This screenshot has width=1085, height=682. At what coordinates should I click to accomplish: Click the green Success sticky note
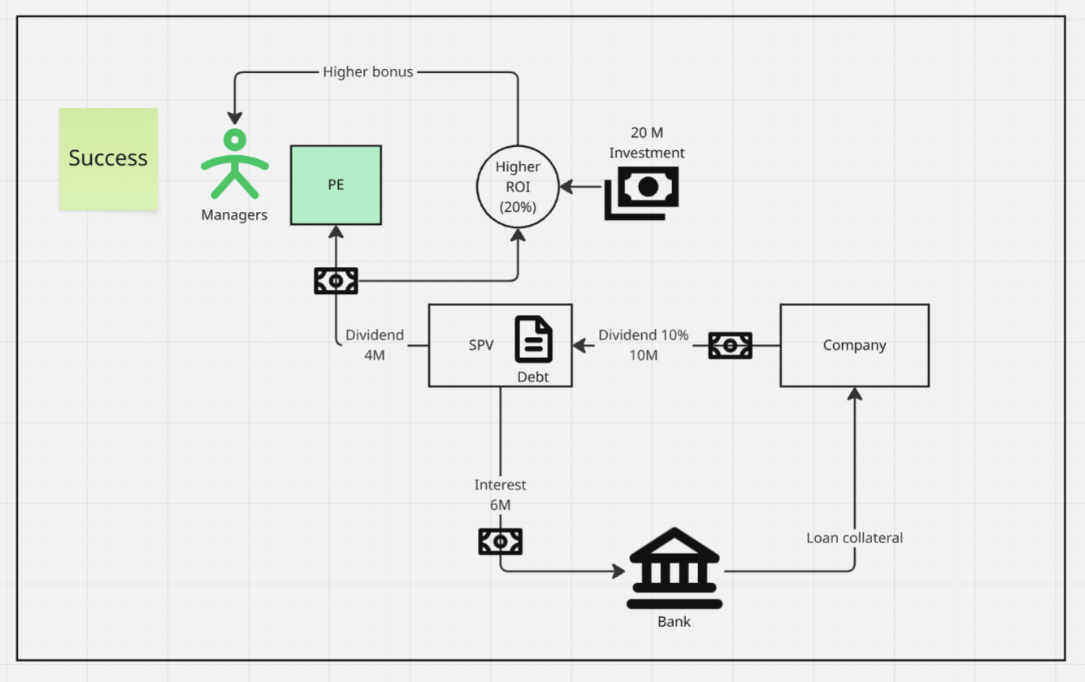pos(109,159)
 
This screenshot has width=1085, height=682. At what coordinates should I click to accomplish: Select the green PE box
pos(336,185)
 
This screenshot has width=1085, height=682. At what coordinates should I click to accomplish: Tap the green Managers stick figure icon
pos(235,164)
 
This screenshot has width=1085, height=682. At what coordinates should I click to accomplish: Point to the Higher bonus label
pos(367,72)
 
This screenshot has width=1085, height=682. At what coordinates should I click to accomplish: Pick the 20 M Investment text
pos(647,143)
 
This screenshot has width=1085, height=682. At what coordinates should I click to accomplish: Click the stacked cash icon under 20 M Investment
pos(641,193)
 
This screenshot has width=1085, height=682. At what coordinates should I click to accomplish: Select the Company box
pos(854,346)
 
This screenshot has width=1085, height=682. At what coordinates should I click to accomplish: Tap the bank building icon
pos(675,568)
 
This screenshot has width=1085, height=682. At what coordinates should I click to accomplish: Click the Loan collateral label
pos(854,537)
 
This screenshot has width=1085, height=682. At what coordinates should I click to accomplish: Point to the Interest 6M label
pos(500,494)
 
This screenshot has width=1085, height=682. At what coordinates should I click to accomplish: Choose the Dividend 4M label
pos(375,345)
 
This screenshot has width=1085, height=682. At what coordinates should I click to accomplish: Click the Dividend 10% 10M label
pos(643,345)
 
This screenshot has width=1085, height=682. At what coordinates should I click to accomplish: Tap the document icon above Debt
pos(533,339)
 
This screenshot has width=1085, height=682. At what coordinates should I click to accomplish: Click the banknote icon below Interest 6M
pos(501,542)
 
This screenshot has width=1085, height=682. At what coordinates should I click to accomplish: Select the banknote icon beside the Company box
pos(730,346)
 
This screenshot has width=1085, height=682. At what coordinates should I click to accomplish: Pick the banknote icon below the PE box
pos(336,281)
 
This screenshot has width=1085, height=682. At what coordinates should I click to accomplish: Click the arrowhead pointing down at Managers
pos(235,118)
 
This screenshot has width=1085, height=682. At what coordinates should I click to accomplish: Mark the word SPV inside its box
pos(481,345)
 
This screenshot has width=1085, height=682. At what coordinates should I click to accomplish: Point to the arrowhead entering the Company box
pos(854,394)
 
